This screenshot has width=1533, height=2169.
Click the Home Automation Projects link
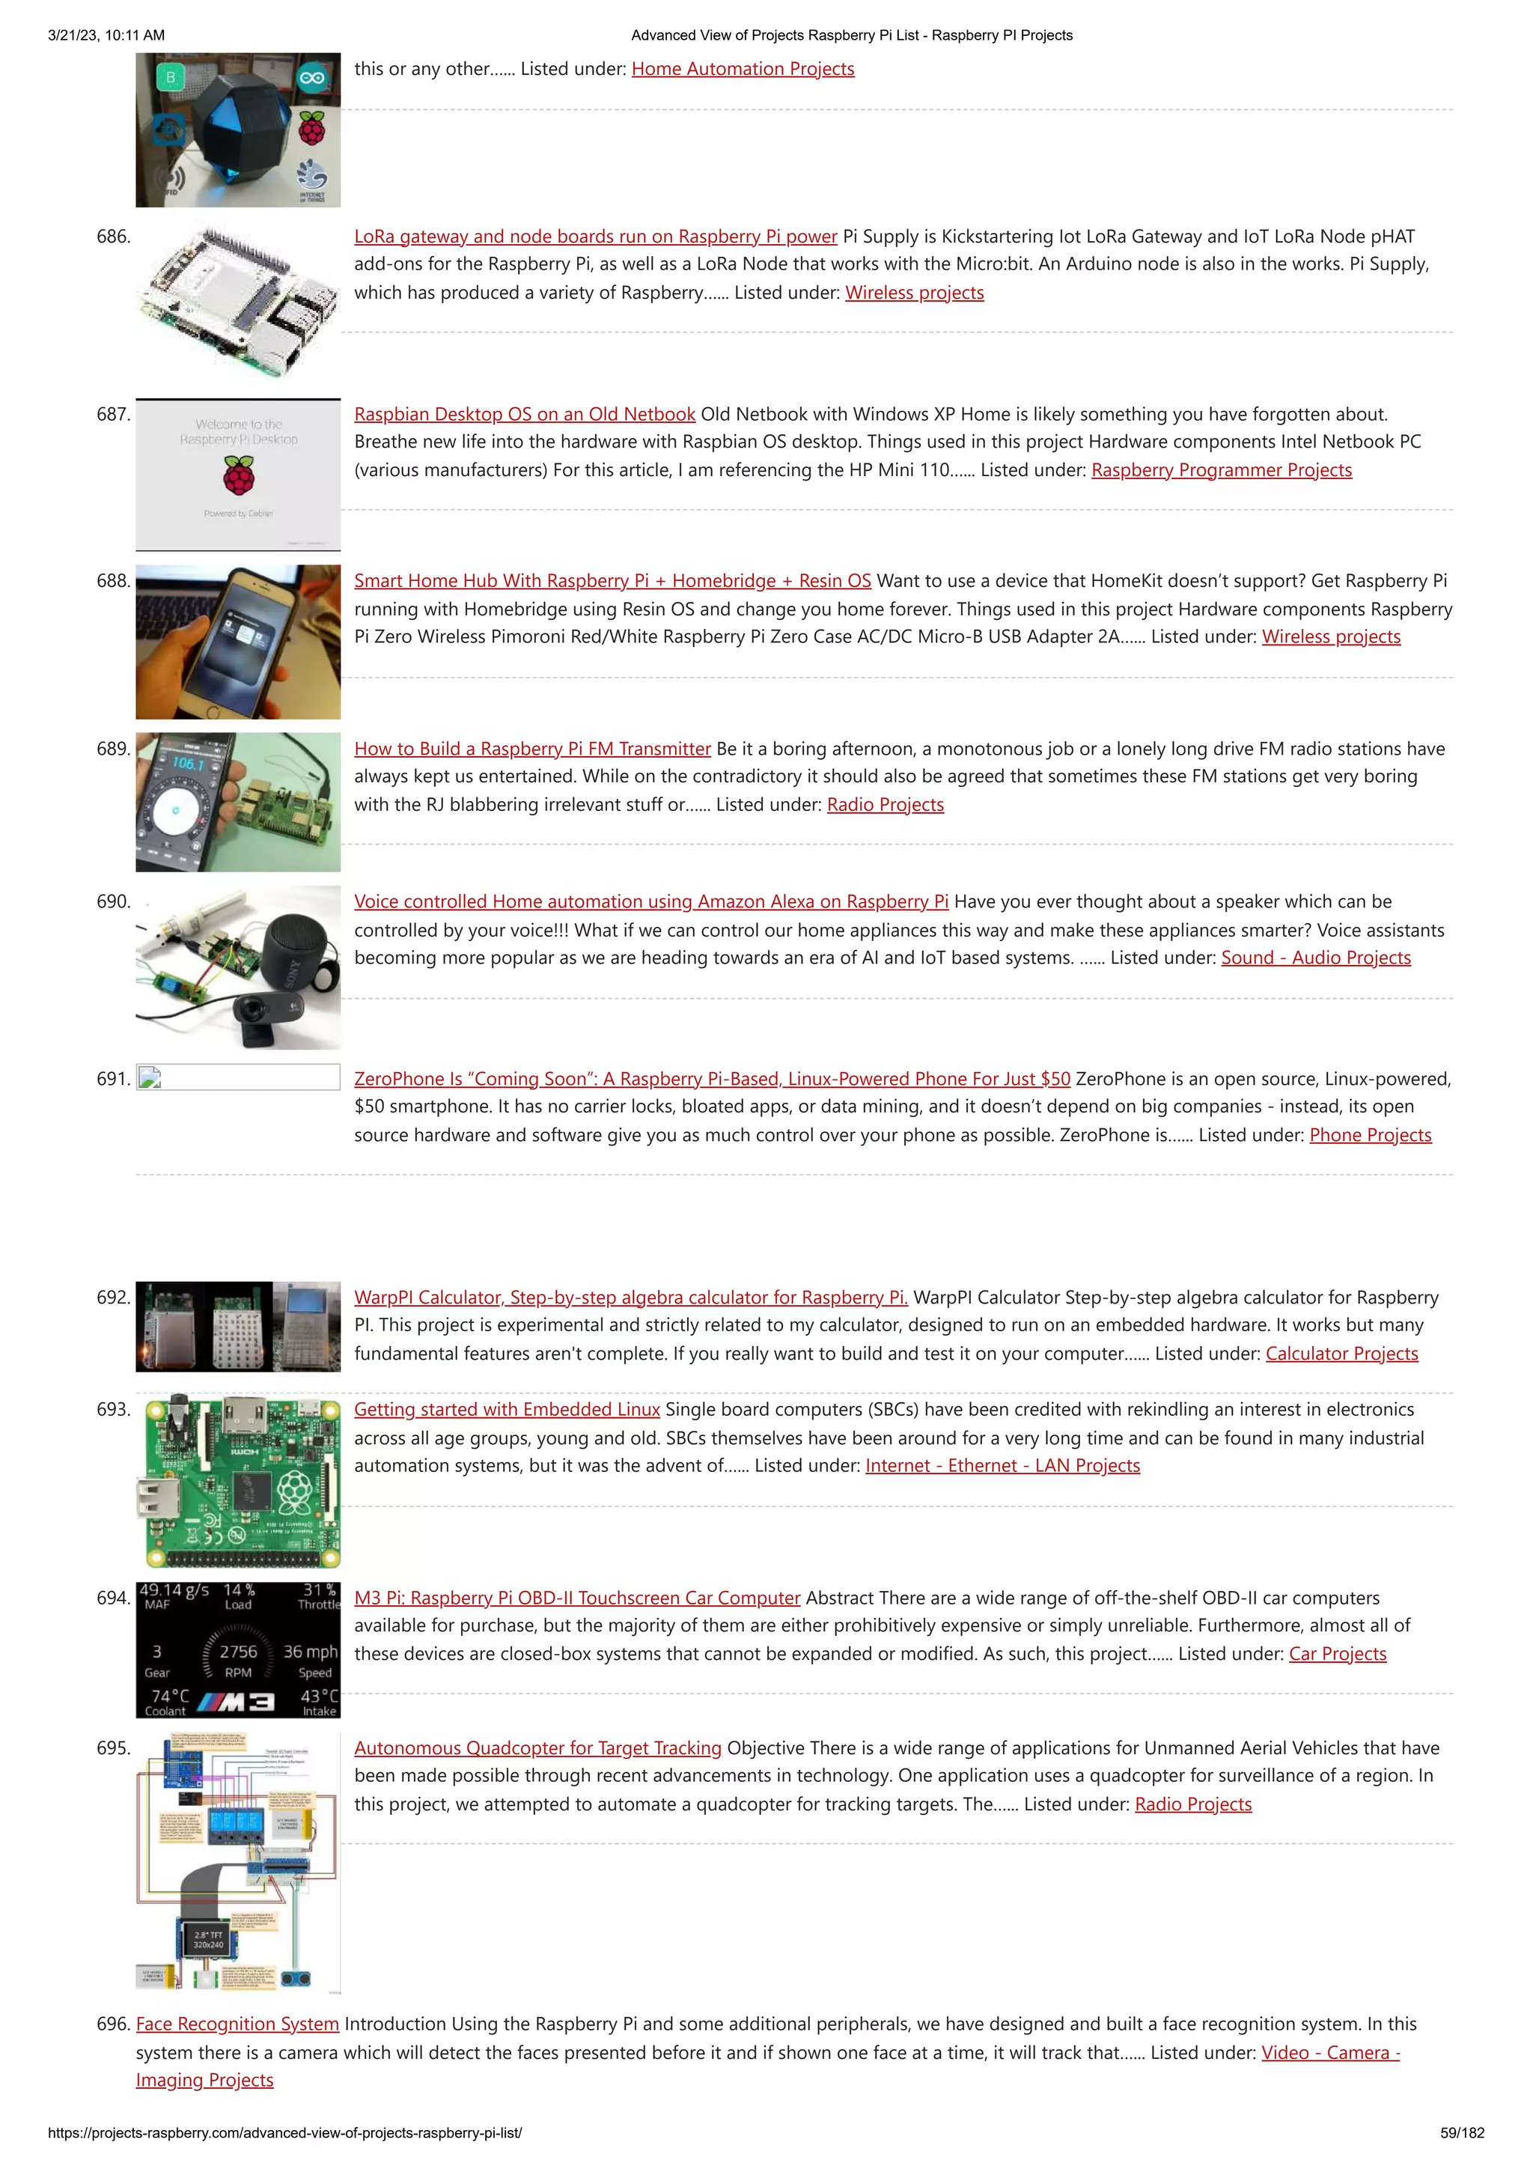pos(743,69)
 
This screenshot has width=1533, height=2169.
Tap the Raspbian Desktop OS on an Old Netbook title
pos(524,414)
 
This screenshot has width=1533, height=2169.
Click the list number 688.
pos(113,581)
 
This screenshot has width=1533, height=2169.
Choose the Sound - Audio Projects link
pos(1315,957)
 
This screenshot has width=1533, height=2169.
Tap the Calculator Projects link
pos(1341,1353)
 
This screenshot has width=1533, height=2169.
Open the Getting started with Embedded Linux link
pos(506,1410)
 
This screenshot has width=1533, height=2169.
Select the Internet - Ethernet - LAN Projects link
pos(1002,1465)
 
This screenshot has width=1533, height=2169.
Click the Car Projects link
pos(1337,1653)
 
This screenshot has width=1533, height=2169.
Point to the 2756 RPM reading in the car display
pos(238,1652)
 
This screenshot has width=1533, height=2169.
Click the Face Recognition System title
pos(237,2024)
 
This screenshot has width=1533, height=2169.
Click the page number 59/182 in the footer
pos(1461,2133)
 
